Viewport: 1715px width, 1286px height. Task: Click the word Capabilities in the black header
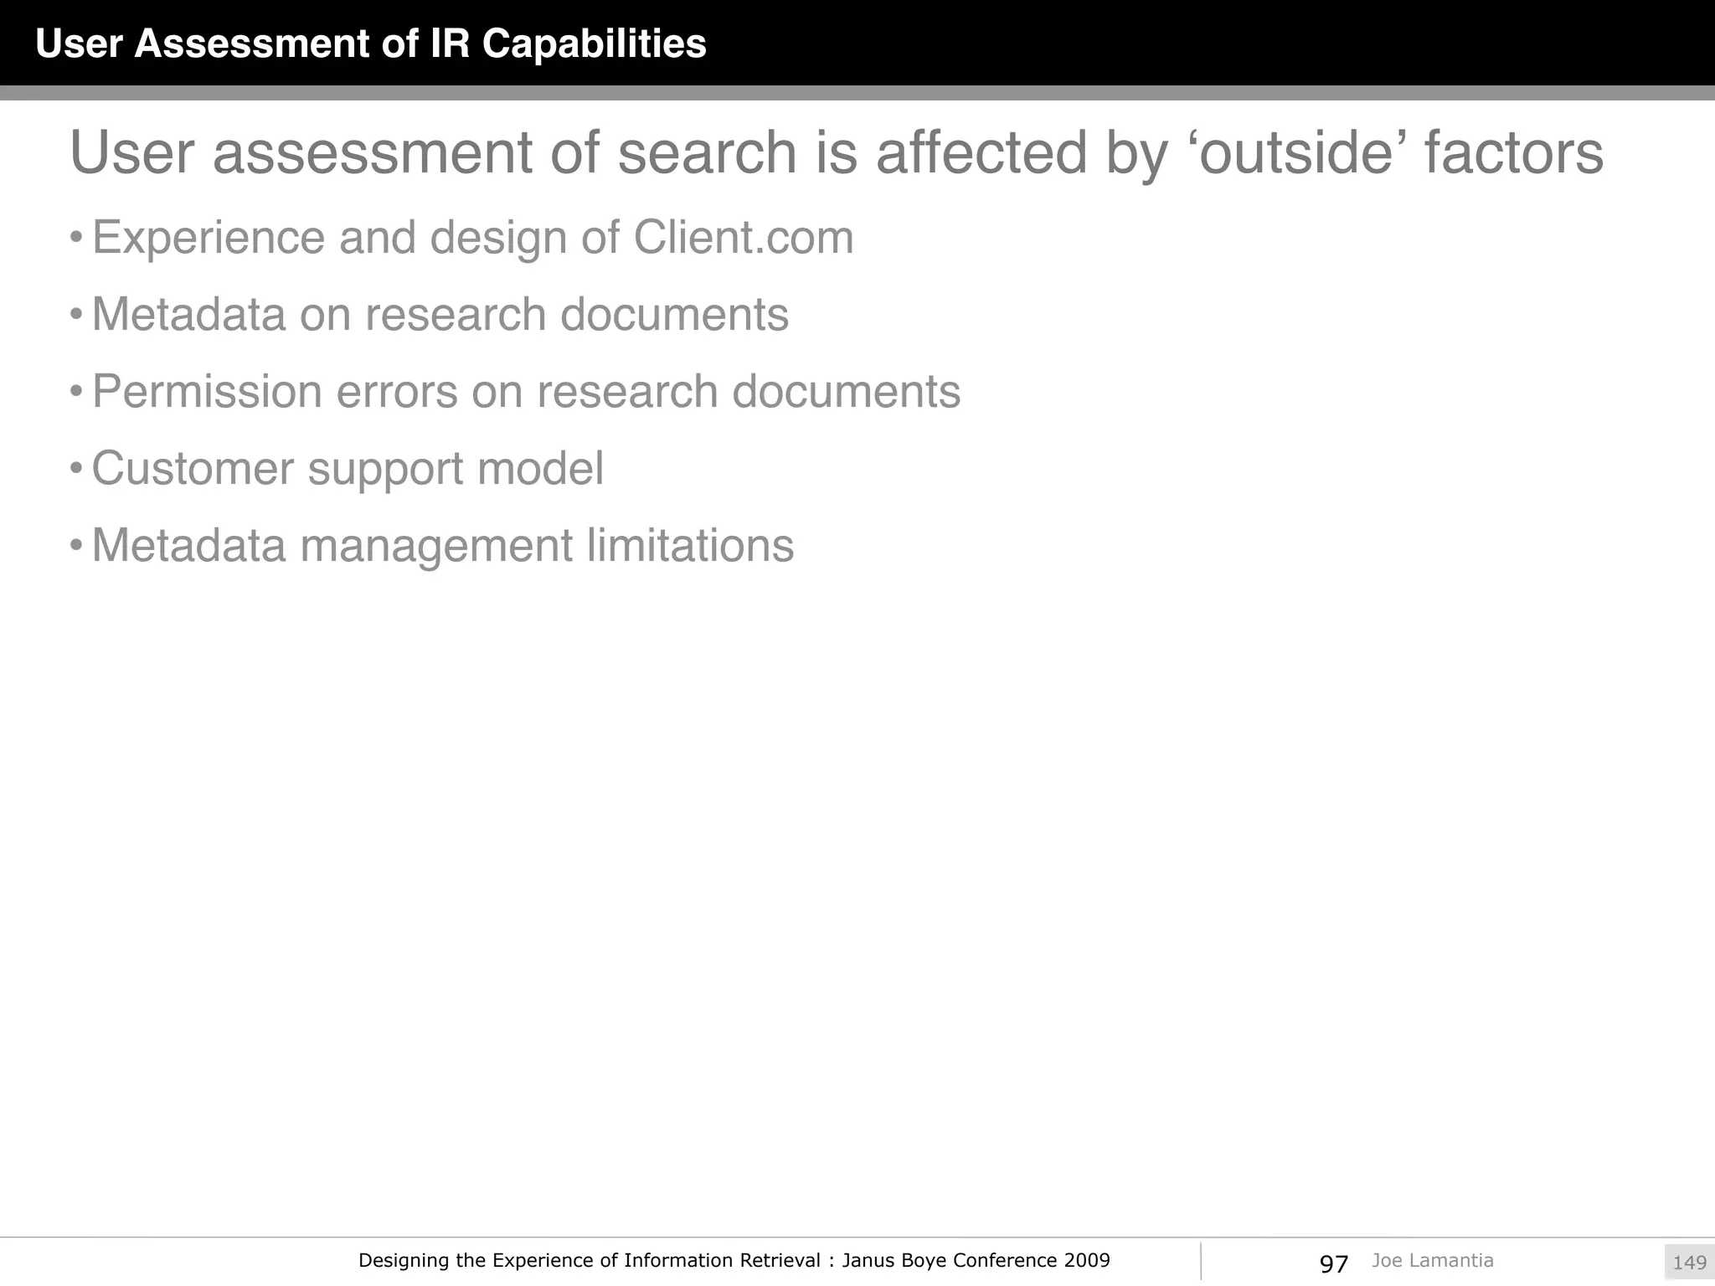(594, 44)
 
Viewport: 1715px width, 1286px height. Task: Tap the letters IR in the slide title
(451, 44)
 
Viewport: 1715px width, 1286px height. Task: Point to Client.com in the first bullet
(744, 238)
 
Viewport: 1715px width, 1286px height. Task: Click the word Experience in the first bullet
(209, 238)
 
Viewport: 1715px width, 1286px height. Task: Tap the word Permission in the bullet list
(207, 392)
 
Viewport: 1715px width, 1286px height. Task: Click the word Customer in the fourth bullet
(192, 469)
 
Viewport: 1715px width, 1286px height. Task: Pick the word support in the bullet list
(385, 469)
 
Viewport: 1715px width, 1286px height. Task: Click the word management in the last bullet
(435, 546)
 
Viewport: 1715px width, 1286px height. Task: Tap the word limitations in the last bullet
(690, 546)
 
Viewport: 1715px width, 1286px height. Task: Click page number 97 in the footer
(1333, 1263)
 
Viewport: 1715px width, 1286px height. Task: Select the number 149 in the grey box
(1689, 1263)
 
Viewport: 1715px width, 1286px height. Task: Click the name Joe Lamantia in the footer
(1432, 1260)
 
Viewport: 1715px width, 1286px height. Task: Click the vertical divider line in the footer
(1201, 1261)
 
